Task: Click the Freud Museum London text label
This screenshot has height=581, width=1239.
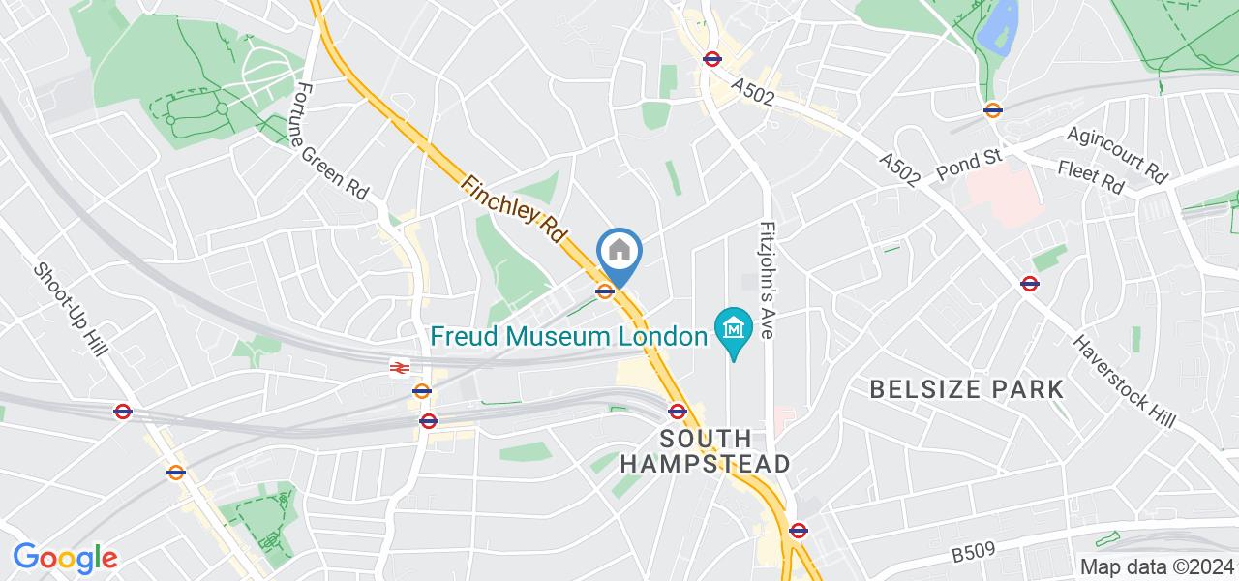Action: [x=569, y=337]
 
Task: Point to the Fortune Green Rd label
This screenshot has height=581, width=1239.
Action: [x=331, y=141]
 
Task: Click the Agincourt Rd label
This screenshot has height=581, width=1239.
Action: [x=1119, y=155]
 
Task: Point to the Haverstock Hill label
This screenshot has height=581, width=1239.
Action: [x=1123, y=380]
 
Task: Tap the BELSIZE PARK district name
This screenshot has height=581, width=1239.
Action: [x=966, y=390]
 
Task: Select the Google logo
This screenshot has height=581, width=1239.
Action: [x=64, y=557]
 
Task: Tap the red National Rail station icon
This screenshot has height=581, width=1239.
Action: [x=398, y=367]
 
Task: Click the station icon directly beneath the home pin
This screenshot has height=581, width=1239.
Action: [x=605, y=290]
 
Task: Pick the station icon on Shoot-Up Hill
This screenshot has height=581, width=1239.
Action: [x=123, y=412]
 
